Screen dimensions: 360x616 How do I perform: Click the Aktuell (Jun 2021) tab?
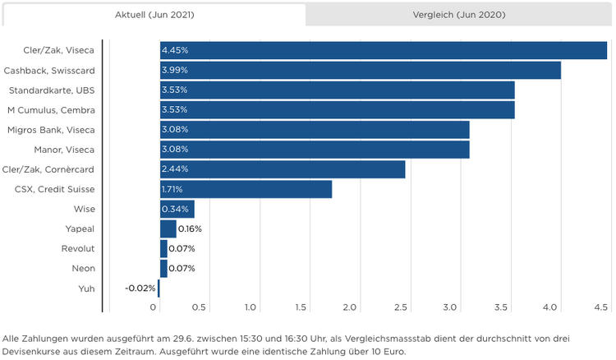[154, 15]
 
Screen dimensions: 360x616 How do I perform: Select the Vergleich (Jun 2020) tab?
[458, 15]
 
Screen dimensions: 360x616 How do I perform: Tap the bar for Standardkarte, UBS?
[337, 90]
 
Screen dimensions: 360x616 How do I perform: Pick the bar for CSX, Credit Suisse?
[246, 189]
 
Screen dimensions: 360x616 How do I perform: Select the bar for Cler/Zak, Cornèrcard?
[283, 169]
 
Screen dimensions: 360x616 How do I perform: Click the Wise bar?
[177, 209]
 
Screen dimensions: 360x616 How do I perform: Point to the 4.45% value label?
[175, 50]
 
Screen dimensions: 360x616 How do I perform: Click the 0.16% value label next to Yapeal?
[190, 228]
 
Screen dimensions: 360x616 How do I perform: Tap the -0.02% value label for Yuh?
[140, 288]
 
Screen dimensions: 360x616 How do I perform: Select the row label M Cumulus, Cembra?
[51, 109]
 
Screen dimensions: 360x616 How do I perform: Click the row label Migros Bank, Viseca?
[50, 130]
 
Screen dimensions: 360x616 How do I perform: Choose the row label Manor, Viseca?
[64, 150]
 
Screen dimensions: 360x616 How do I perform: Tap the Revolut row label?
[78, 248]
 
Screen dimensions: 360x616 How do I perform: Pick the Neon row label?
[83, 268]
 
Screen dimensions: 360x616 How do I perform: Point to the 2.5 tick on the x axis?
[400, 307]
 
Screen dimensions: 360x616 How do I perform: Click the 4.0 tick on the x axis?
[551, 307]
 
